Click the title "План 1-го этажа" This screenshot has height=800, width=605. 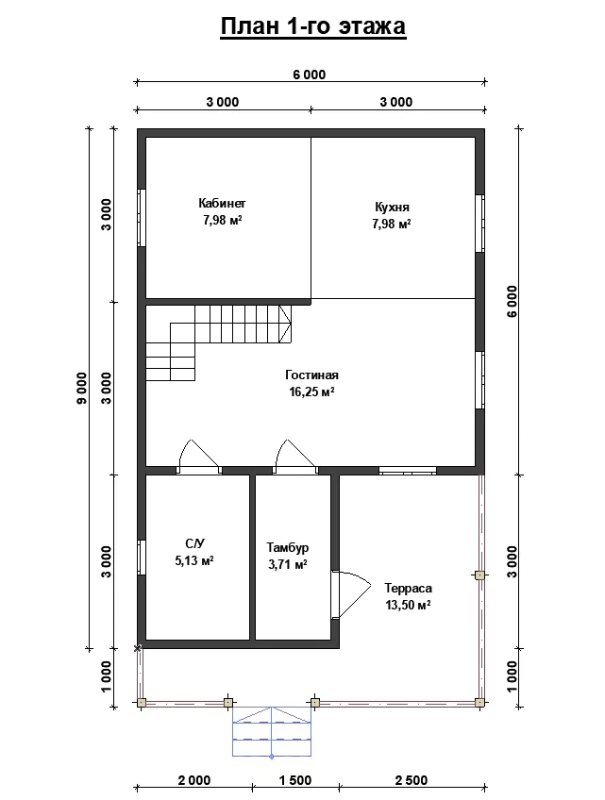pyautogui.click(x=313, y=26)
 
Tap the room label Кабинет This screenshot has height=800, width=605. pyautogui.click(x=222, y=203)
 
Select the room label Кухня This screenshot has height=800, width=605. pyautogui.click(x=392, y=208)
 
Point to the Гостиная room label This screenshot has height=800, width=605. pyautogui.click(x=311, y=375)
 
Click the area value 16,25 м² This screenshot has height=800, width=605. pyautogui.click(x=311, y=392)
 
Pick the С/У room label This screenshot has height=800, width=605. pyautogui.click(x=194, y=542)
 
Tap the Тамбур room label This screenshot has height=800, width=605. pyautogui.click(x=288, y=547)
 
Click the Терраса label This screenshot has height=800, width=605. pyautogui.click(x=408, y=589)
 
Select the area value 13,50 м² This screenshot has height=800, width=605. pyautogui.click(x=408, y=605)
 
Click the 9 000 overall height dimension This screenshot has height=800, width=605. pyautogui.click(x=82, y=389)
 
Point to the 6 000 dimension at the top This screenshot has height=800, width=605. pyautogui.click(x=309, y=75)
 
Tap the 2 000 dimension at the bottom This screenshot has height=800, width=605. pyautogui.click(x=194, y=780)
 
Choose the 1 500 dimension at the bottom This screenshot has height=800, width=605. pyautogui.click(x=295, y=780)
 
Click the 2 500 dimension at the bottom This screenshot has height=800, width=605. pyautogui.click(x=412, y=780)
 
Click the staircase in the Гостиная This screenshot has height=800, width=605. pyautogui.click(x=219, y=342)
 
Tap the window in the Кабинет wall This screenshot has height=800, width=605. pyautogui.click(x=142, y=218)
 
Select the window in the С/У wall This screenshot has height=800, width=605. pyautogui.click(x=142, y=558)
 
